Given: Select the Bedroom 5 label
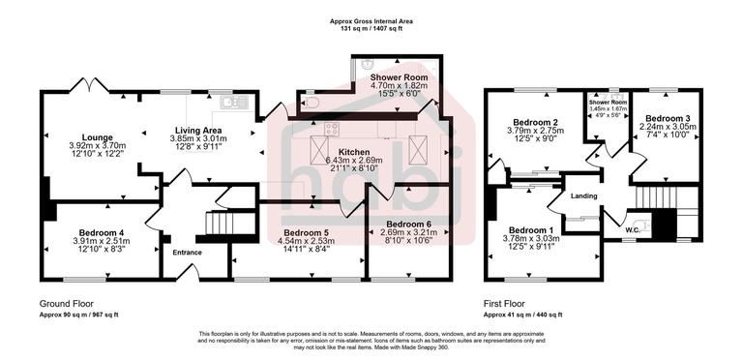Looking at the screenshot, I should tap(304, 232).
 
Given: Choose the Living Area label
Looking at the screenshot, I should tap(198, 131).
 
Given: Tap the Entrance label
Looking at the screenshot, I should tap(187, 253).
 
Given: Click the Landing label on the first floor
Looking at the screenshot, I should tap(583, 196).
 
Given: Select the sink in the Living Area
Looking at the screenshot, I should tap(232, 101).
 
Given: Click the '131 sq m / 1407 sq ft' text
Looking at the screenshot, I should tap(371, 28).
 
